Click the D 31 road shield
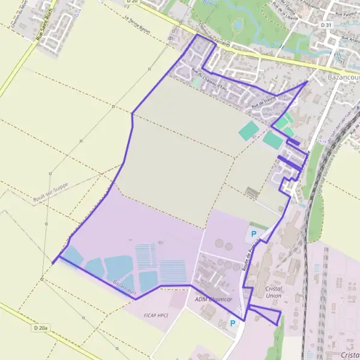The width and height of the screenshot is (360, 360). click(326, 25)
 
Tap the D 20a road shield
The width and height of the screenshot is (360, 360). click(41, 328)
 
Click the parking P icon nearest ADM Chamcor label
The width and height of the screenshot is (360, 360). click(233, 323)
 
